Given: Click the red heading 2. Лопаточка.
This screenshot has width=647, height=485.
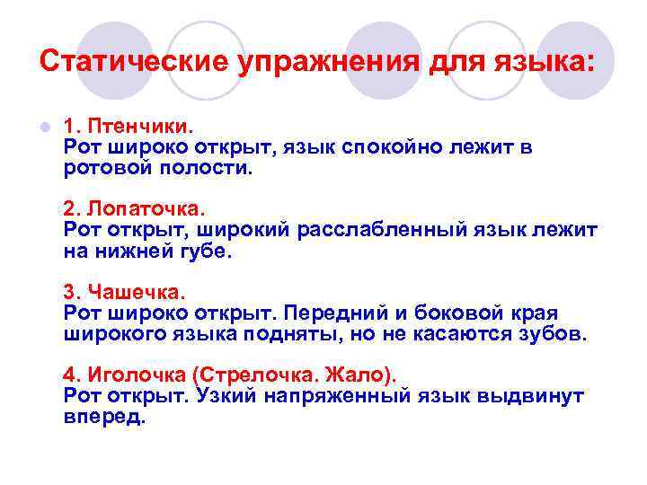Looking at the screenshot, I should click(134, 209).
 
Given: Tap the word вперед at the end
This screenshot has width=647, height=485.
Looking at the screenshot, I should click(103, 417).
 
